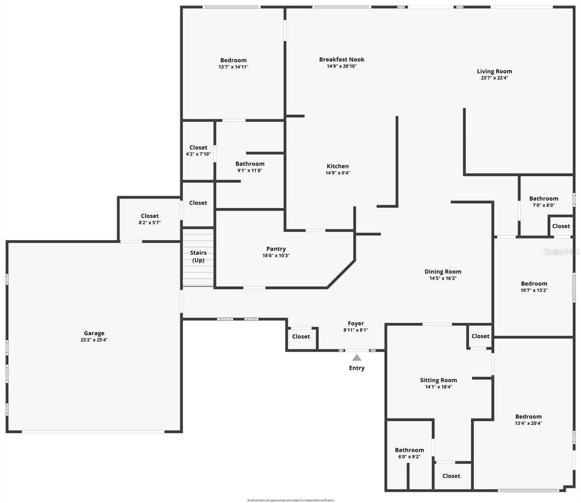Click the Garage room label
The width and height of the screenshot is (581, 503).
tap(94, 333)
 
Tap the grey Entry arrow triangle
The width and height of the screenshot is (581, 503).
tap(356, 358)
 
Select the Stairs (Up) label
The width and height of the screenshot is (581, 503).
tap(198, 256)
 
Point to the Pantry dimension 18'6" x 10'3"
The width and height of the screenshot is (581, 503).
tap(276, 256)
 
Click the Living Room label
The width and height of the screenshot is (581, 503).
tap(494, 71)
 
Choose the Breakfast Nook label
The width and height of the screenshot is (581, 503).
tap(341, 60)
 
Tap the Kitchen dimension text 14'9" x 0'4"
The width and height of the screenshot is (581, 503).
tap(338, 173)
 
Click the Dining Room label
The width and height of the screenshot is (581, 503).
tap(442, 272)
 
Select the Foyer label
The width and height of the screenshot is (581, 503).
tap(356, 324)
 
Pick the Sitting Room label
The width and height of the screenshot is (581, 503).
tap(438, 380)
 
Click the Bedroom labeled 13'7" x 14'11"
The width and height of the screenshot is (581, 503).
tap(233, 60)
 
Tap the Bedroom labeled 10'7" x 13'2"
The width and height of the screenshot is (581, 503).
tap(534, 284)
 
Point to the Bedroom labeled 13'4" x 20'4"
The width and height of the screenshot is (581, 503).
tap(528, 417)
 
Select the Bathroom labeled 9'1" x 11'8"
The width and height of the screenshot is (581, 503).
tap(250, 164)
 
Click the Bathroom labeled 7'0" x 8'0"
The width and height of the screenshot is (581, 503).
tap(544, 199)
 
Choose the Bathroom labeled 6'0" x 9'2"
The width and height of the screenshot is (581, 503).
tap(409, 450)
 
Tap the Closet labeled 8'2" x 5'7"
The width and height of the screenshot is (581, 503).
tap(149, 216)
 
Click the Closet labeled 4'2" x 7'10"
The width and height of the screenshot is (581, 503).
tap(198, 148)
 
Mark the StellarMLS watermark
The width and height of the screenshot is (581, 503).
tap(561, 251)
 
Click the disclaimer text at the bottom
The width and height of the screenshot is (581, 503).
tap(290, 500)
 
